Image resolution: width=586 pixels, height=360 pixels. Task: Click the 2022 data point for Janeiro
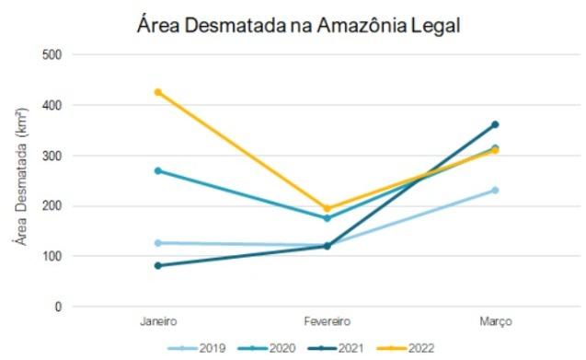158,92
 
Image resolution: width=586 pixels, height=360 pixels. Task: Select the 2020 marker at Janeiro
158,170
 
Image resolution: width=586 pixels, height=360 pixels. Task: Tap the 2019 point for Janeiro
158,243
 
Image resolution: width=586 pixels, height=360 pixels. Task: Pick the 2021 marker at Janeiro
158,265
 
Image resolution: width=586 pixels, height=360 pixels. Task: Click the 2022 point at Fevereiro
327,208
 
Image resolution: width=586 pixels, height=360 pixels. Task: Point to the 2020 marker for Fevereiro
327,218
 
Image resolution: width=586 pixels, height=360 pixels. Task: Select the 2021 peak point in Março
495,124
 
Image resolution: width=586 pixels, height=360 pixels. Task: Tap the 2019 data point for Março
495,191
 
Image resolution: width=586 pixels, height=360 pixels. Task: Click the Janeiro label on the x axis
158,321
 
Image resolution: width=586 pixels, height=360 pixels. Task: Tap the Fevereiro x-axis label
327,321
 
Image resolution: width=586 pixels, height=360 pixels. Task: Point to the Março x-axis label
495,321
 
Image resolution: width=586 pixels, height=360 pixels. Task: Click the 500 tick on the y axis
52,54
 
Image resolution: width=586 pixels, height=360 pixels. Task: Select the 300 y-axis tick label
52,156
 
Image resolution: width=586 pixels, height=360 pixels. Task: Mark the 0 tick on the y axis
59,307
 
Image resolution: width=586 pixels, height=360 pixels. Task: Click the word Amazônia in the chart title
351,25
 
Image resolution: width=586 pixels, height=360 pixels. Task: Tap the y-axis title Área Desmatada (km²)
17,180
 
